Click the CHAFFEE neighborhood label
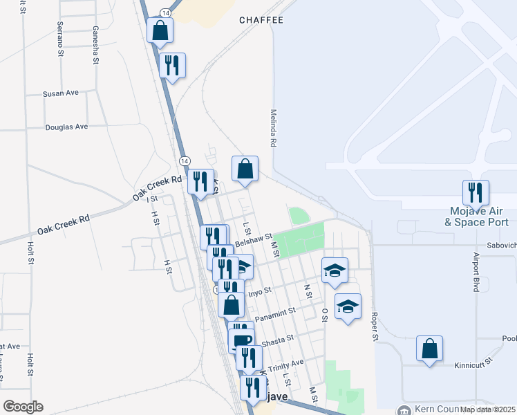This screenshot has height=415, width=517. pyautogui.click(x=261, y=20)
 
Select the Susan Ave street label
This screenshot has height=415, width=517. pyautogui.click(x=61, y=93)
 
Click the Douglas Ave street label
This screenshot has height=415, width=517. pyautogui.click(x=66, y=127)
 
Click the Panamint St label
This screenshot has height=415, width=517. pyautogui.click(x=275, y=315)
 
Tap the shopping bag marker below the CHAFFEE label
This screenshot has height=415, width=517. pyautogui.click(x=245, y=169)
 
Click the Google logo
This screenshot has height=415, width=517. pyautogui.click(x=23, y=407)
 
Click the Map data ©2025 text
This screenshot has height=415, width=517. pyautogui.click(x=487, y=409)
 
